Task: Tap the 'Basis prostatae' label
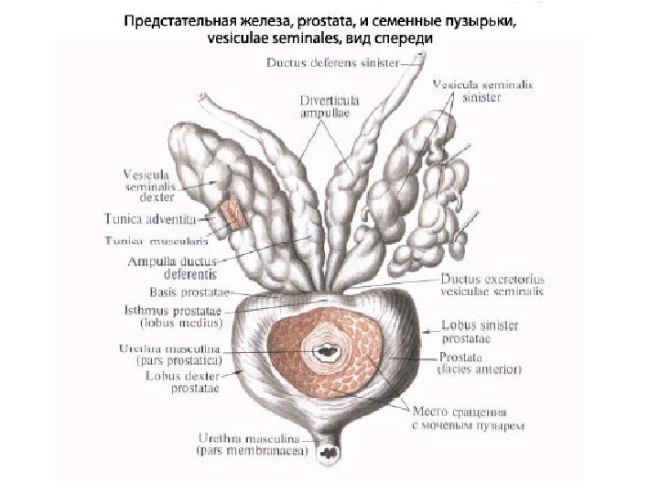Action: point(189,292)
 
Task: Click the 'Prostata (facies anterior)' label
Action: point(481,363)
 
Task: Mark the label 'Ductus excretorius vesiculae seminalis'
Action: point(492,284)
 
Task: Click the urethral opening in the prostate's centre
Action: point(324,349)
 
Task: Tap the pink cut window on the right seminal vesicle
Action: point(231,214)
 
